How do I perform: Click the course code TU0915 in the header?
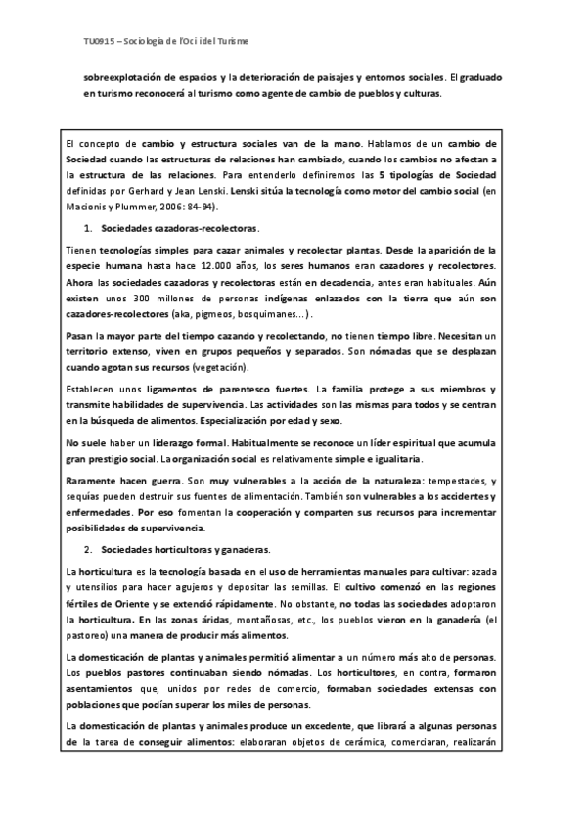click(99, 43)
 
